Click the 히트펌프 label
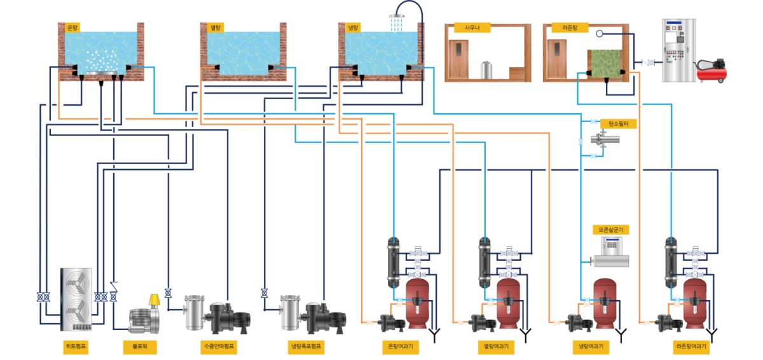coord(76,347)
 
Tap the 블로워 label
coord(140,347)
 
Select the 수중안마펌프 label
coord(219,347)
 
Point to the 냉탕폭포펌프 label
coord(305,347)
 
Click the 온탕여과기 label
coord(401,347)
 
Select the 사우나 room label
coord(468,28)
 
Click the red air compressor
coord(712,70)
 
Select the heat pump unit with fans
coord(76,299)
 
